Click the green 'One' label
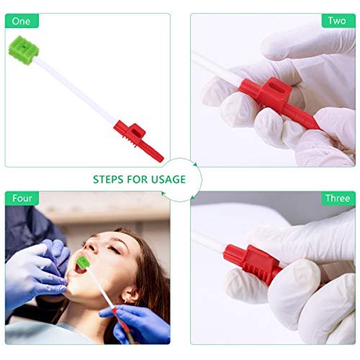[x=22, y=21]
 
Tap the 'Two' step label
[x=337, y=21]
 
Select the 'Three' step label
[x=337, y=198]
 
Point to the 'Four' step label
[x=22, y=198]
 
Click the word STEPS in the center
[x=113, y=179]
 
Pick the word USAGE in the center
[x=168, y=179]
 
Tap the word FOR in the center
[x=140, y=179]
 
